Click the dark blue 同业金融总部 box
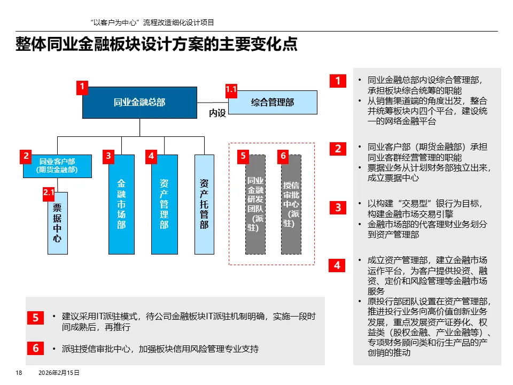(x=139, y=102)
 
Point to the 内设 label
(x=217, y=113)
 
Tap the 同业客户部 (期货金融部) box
(x=57, y=166)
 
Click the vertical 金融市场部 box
(x=121, y=204)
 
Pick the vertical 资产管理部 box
(x=164, y=204)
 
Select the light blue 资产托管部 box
(x=204, y=204)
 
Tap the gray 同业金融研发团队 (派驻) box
(x=255, y=204)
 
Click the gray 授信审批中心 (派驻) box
(x=291, y=204)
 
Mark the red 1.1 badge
(x=231, y=90)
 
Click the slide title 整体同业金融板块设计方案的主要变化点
(x=157, y=45)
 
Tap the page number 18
(x=19, y=373)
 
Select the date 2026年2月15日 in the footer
(x=59, y=373)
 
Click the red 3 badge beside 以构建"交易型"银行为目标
(x=338, y=207)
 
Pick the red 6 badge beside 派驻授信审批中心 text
(x=35, y=348)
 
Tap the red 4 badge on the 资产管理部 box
(x=152, y=156)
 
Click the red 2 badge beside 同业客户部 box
(x=25, y=156)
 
